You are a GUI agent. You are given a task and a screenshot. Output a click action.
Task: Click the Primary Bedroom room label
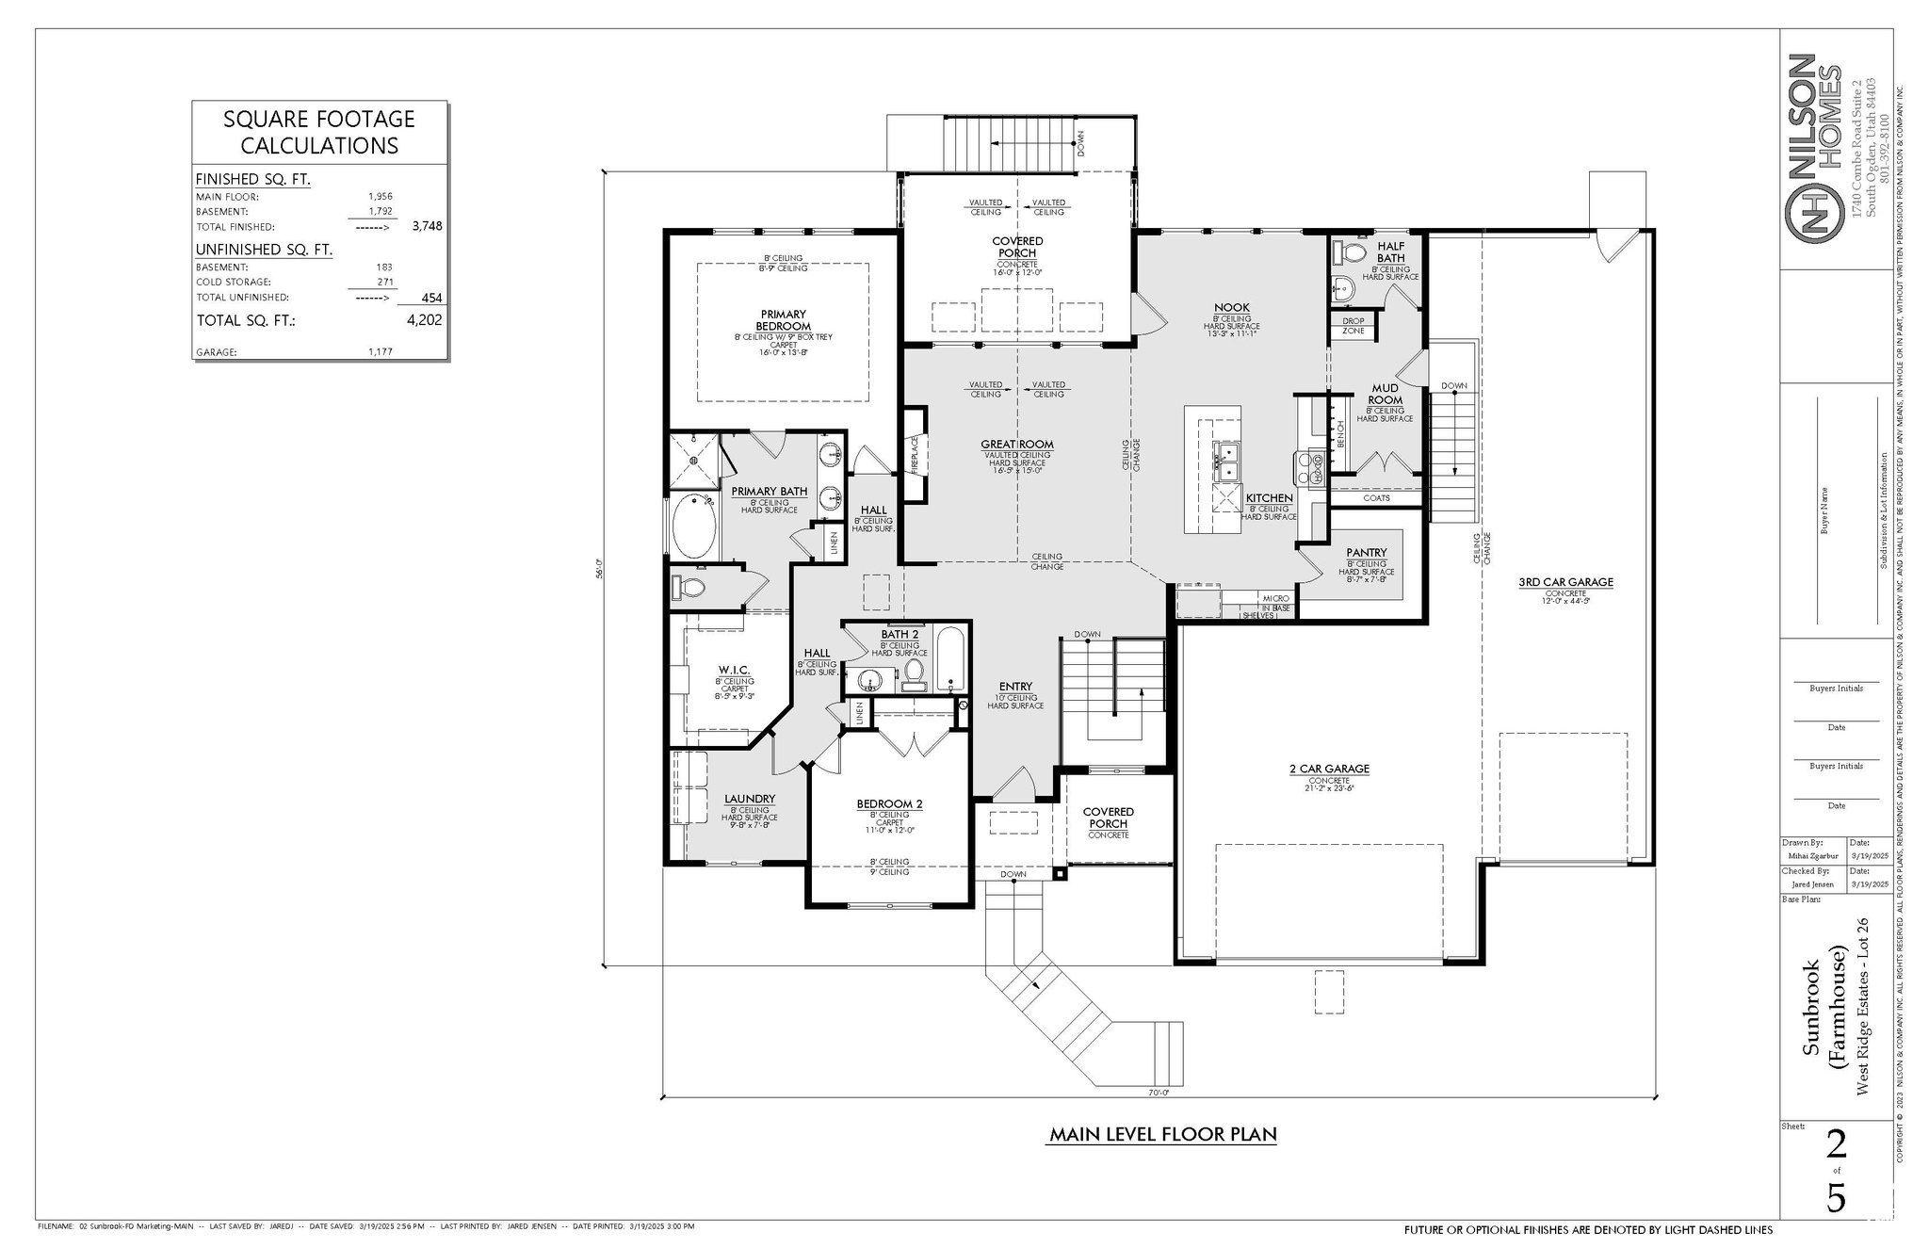coord(783,320)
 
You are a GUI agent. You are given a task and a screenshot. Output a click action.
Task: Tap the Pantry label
coord(1366,553)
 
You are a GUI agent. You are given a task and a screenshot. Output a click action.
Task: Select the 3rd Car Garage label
coord(1565,582)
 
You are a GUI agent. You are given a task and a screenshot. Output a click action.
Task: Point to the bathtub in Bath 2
coord(950,658)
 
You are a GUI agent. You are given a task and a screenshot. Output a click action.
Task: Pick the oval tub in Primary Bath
coord(694,527)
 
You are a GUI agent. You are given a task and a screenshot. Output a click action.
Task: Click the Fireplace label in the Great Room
coord(914,454)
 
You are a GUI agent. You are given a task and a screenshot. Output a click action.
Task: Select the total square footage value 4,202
coord(424,320)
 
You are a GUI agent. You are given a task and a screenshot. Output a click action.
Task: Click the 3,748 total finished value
coord(427,226)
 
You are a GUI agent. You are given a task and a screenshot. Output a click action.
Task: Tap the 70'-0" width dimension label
coord(1158,1093)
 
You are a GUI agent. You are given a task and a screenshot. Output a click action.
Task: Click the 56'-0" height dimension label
coord(598,570)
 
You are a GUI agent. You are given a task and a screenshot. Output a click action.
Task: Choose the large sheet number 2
coord(1836,1145)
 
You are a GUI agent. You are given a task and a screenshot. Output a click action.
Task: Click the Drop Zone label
coord(1354,326)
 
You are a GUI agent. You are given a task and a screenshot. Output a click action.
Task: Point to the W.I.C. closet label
coord(734,671)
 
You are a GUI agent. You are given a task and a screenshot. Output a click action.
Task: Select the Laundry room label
coord(750,799)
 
